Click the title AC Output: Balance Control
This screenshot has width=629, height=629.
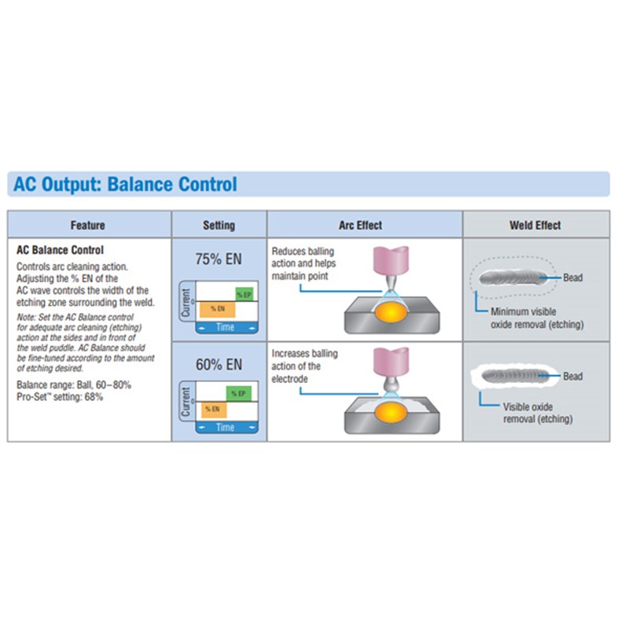click(x=125, y=184)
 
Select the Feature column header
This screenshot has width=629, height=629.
click(x=88, y=226)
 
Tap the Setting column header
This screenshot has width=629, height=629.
click(x=219, y=226)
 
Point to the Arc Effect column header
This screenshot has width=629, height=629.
click(x=360, y=226)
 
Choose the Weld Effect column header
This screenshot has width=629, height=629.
click(x=535, y=226)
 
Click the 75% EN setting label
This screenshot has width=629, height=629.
click(x=219, y=259)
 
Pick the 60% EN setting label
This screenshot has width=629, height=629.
click(x=219, y=365)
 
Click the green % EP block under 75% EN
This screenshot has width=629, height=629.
click(x=245, y=295)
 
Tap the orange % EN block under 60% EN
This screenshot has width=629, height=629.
click(x=213, y=410)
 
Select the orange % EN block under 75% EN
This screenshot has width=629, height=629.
click(x=218, y=309)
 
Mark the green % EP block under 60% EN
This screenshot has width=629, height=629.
click(x=239, y=394)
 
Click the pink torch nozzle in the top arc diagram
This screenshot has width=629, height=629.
click(x=391, y=260)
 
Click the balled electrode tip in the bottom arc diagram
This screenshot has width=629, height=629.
click(x=391, y=386)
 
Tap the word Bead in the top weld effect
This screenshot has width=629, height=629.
click(x=573, y=278)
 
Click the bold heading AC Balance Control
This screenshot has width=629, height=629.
click(x=60, y=250)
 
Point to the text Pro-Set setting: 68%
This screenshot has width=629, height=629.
click(x=60, y=397)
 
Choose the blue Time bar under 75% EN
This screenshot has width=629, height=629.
click(x=226, y=327)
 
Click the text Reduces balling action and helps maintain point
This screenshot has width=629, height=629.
click(x=303, y=263)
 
